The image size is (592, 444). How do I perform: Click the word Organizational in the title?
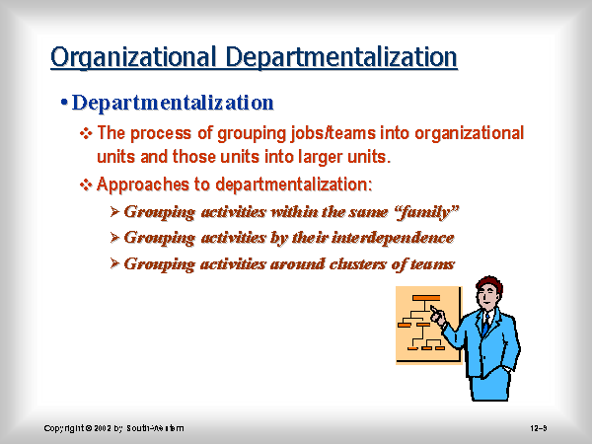pyautogui.click(x=133, y=57)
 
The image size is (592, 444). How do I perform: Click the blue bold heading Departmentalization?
pyautogui.click(x=173, y=103)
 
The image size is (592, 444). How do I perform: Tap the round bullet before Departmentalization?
pyautogui.click(x=64, y=102)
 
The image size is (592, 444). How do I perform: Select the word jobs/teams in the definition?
pyautogui.click(x=333, y=133)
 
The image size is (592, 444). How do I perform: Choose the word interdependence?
pyautogui.click(x=393, y=238)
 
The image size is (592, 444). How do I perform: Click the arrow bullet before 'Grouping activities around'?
pyautogui.click(x=114, y=263)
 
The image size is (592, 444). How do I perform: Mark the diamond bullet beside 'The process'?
pyautogui.click(x=86, y=133)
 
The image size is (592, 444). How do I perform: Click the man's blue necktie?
pyautogui.click(x=485, y=325)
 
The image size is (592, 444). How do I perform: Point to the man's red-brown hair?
pyautogui.click(x=490, y=285)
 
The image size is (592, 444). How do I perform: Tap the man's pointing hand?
pyautogui.click(x=437, y=316)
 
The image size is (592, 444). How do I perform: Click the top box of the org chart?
pyautogui.click(x=426, y=298)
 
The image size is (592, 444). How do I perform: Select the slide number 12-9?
pyautogui.click(x=539, y=428)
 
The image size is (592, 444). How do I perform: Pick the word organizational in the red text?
pyautogui.click(x=470, y=133)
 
